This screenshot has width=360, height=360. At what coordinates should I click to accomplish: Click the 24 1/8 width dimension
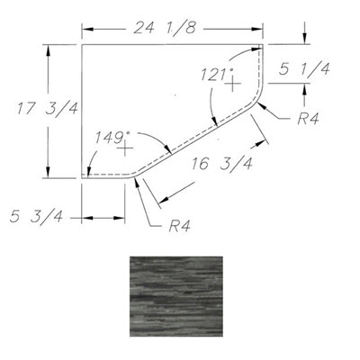[165, 28]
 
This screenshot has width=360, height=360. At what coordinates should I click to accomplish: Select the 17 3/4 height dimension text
[48, 108]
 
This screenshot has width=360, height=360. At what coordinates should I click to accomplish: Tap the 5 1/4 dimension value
[304, 69]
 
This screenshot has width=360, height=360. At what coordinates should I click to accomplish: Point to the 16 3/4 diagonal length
[221, 164]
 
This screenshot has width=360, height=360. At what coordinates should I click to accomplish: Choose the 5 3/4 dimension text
[36, 216]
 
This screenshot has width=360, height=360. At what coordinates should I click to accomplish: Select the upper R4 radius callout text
[308, 119]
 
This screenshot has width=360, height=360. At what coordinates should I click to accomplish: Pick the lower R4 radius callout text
[179, 226]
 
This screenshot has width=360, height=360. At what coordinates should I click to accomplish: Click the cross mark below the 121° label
[233, 83]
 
